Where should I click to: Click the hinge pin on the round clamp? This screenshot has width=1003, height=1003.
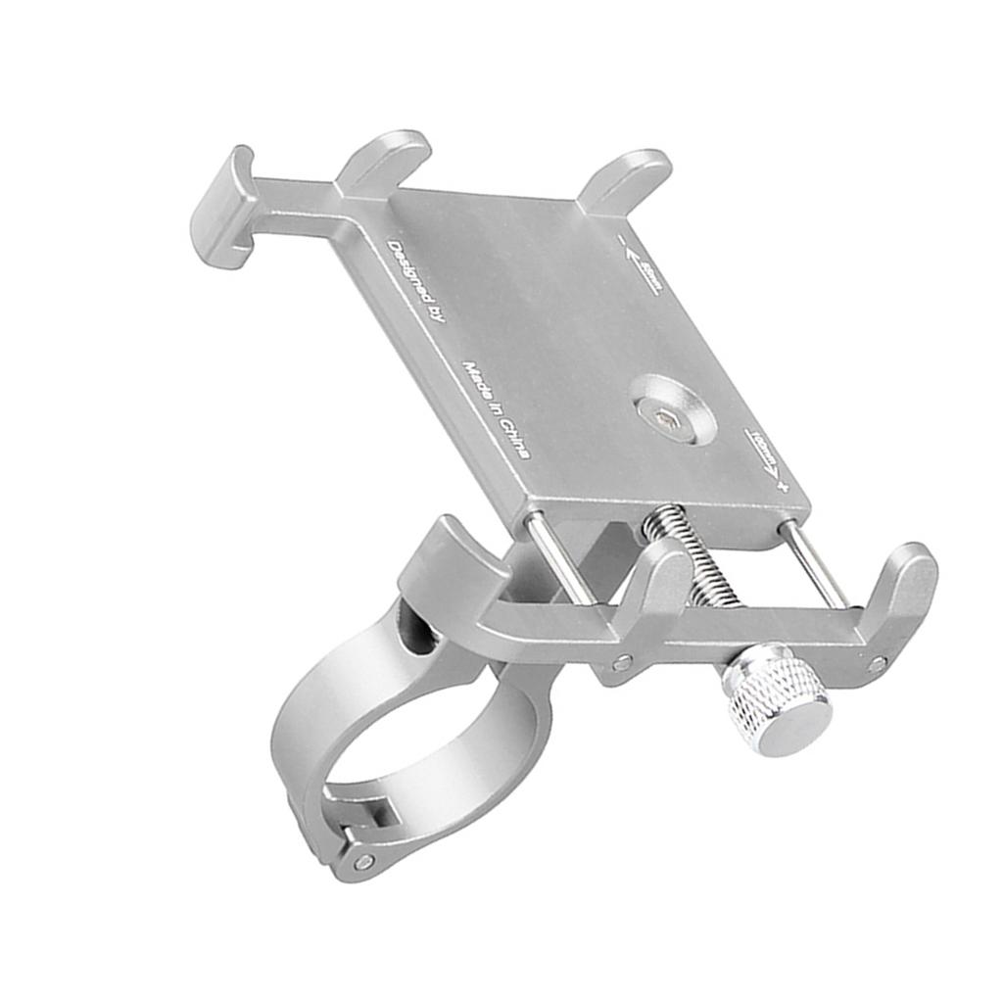(364, 862)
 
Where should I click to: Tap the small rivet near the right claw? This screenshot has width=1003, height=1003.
(877, 665)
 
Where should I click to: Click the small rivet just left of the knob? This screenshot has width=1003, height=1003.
(623, 663)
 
